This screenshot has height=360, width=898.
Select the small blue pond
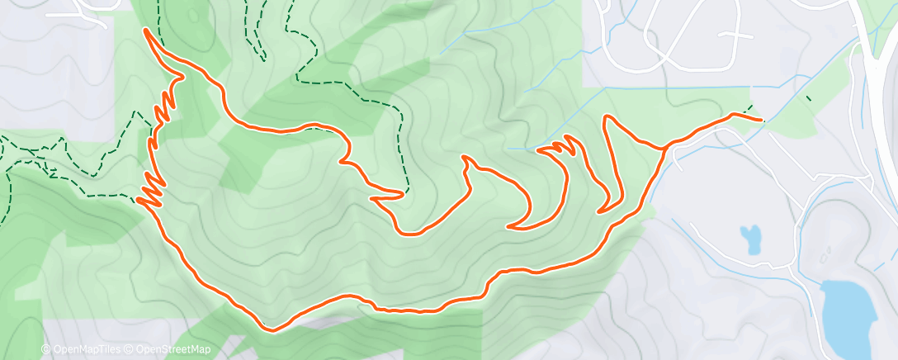pos(751,239)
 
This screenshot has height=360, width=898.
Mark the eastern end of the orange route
pos(760,121)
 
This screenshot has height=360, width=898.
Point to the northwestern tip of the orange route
pos(147,31)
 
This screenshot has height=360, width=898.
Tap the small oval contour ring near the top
pos(192,15)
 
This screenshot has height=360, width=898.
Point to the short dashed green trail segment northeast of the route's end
pos(808,99)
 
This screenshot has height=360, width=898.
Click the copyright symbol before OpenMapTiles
pos(45,349)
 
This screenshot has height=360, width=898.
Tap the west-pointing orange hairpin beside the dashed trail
pos(376,197)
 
